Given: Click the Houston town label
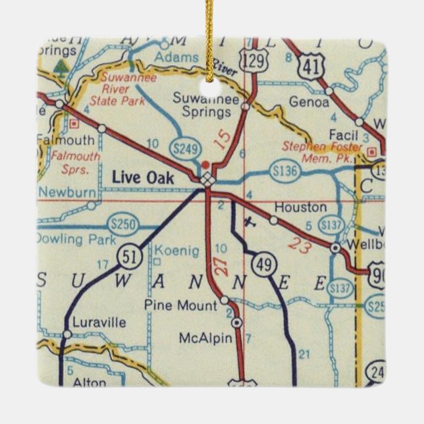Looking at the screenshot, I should pos(300,207).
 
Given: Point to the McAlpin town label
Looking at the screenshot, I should pos(205,338).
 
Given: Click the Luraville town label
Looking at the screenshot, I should pos(99,323).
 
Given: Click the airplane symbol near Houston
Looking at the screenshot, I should pos(248,221).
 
